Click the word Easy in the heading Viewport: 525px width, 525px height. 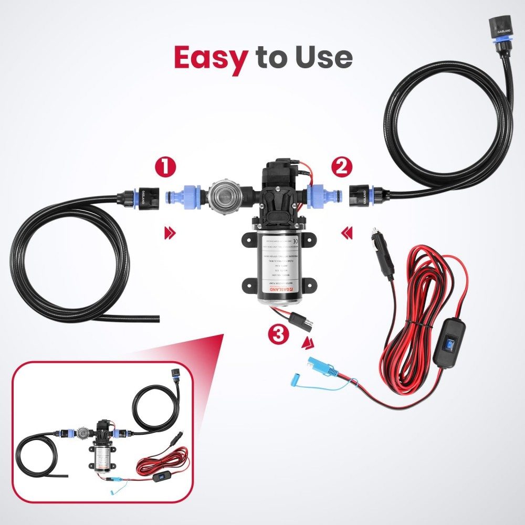pyautogui.click(x=210, y=58)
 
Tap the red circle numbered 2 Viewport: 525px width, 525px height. pyautogui.click(x=341, y=167)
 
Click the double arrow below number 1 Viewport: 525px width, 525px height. pyautogui.click(x=170, y=232)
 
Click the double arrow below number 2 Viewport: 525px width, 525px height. pyautogui.click(x=345, y=232)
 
